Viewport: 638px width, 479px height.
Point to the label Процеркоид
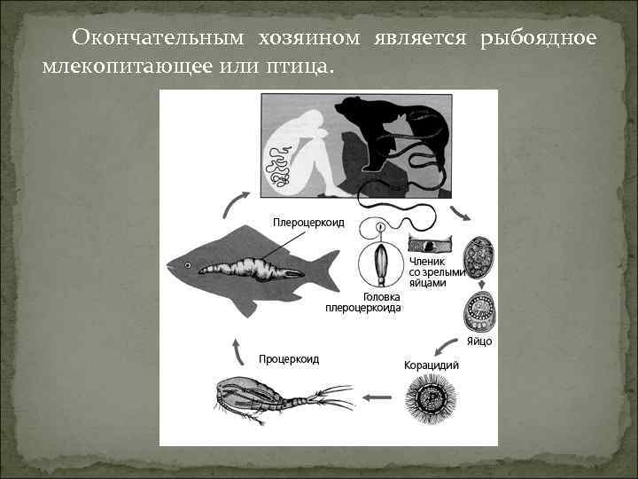pyautogui.click(x=289, y=359)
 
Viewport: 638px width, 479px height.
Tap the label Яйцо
pyautogui.click(x=479, y=341)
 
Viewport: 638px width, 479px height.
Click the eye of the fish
pyautogui.click(x=189, y=265)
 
